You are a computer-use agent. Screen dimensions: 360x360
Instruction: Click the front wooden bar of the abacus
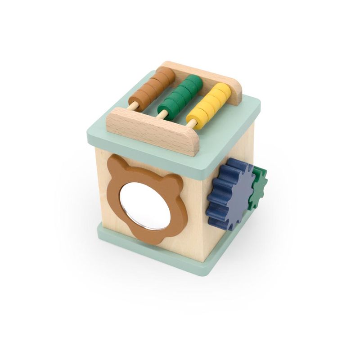(x=153, y=130)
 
